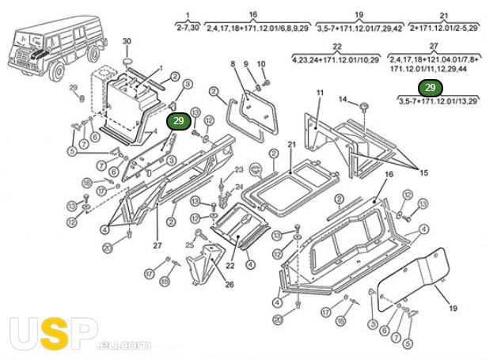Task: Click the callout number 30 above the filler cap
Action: point(127,40)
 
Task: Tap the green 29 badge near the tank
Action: point(178,120)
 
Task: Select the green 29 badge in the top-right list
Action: point(430,88)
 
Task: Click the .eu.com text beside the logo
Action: point(124,344)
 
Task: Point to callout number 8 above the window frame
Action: point(233,64)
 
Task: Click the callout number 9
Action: point(246,64)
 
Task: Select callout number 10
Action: point(262,64)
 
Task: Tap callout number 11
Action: point(320,94)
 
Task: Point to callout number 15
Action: point(423,172)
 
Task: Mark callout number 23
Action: point(237,172)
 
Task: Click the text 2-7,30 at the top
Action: point(188,27)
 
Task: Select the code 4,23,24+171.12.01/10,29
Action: point(337,59)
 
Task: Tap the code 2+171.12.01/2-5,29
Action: point(444,27)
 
